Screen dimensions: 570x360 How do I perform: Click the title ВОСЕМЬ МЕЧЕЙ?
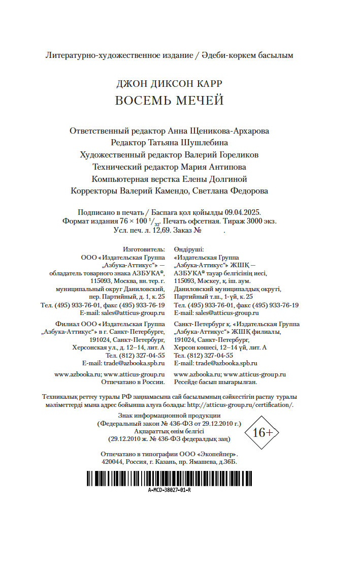pyautogui.click(x=169, y=101)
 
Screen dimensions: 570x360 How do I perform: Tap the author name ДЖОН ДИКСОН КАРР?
pyautogui.click(x=169, y=83)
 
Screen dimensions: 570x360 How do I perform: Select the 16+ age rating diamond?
pyautogui.click(x=263, y=432)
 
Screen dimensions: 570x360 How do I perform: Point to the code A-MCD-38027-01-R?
pyautogui.click(x=170, y=490)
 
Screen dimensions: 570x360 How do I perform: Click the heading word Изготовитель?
pyautogui.click(x=144, y=250)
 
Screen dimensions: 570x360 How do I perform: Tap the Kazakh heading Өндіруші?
pyautogui.click(x=189, y=250)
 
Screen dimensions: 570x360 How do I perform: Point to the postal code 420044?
pyautogui.click(x=113, y=462)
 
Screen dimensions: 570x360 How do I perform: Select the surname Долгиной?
pyautogui.click(x=228, y=179)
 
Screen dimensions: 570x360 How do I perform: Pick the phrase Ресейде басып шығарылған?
pyautogui.click(x=215, y=382)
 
